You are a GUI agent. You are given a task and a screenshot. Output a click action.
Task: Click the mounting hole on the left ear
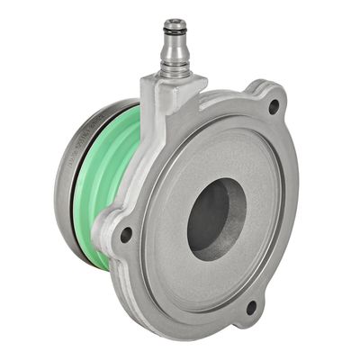pyautogui.click(x=126, y=235)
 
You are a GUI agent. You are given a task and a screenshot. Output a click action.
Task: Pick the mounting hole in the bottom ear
pyautogui.click(x=250, y=307)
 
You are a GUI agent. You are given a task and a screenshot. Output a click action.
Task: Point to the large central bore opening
pyautogui.click(x=216, y=219)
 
